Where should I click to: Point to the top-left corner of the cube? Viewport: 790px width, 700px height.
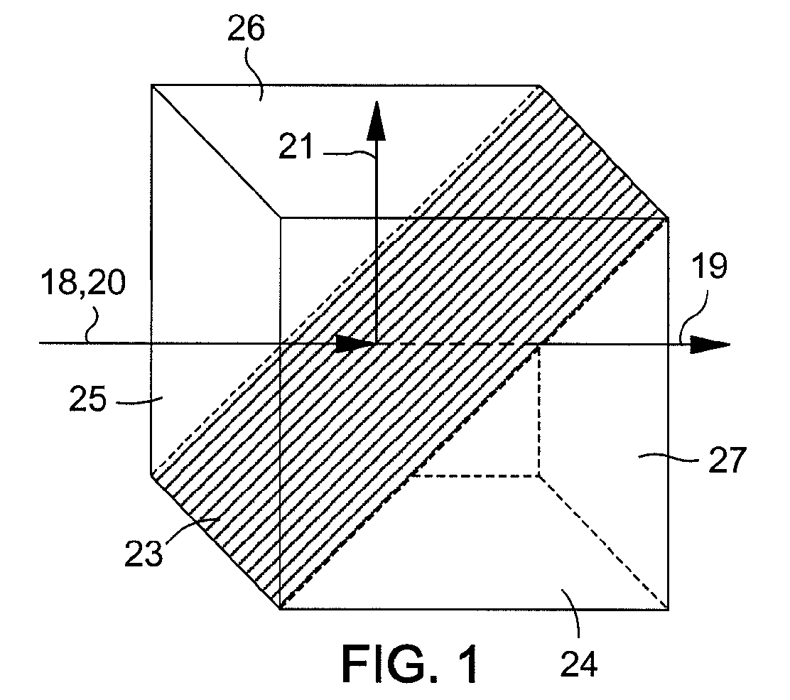click(152, 85)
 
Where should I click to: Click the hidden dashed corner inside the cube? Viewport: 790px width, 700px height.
click(539, 475)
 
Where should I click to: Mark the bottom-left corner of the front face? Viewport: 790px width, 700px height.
click(281, 609)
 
